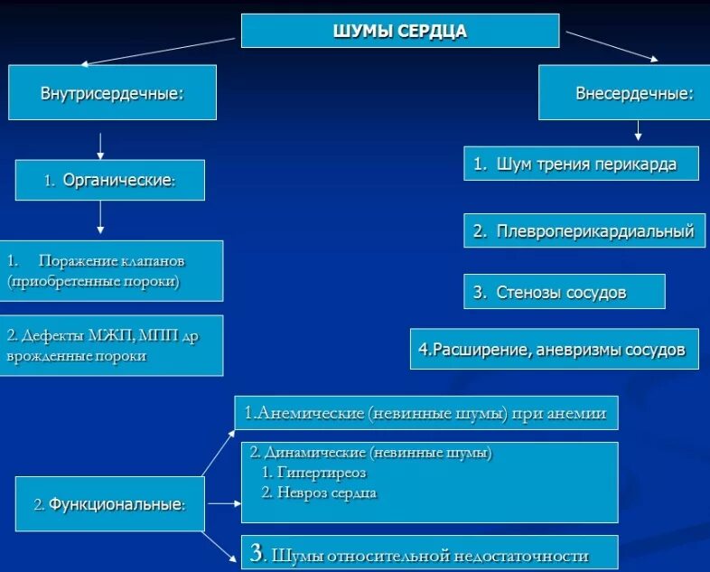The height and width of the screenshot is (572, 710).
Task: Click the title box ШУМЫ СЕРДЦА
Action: click(x=399, y=31)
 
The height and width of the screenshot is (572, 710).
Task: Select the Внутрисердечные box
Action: click(x=112, y=92)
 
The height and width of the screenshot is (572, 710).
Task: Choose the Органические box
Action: click(x=110, y=180)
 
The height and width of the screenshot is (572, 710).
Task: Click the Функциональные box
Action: click(x=109, y=504)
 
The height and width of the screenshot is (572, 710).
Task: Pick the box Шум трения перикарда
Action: click(x=582, y=164)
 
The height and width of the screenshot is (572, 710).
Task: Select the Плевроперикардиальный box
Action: click(x=583, y=231)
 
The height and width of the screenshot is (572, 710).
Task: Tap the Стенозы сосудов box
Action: click(x=565, y=292)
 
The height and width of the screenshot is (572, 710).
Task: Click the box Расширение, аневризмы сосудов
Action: click(x=554, y=349)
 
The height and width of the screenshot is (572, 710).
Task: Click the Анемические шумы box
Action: click(x=426, y=415)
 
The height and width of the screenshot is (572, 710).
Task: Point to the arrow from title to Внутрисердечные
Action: click(x=160, y=51)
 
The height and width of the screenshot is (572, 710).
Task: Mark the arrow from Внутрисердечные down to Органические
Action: click(x=100, y=145)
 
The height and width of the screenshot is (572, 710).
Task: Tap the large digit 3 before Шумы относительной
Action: click(x=257, y=553)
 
